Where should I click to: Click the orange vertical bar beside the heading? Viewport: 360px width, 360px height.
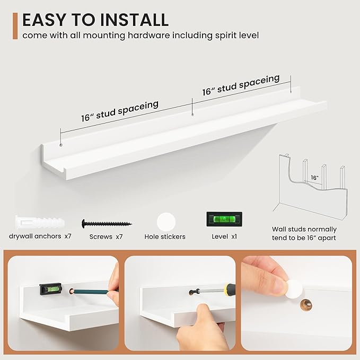(x=15, y=26)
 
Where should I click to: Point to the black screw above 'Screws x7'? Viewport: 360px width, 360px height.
(x=107, y=223)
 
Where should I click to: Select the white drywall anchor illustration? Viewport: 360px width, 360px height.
(x=40, y=222)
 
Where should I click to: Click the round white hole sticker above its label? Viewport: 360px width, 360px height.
(x=166, y=222)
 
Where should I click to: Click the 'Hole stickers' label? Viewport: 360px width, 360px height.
(x=165, y=236)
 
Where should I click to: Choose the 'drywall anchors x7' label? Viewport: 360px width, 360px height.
(x=40, y=236)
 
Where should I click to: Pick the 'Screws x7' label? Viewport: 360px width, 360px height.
(x=106, y=236)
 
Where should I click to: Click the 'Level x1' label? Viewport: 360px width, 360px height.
(x=224, y=236)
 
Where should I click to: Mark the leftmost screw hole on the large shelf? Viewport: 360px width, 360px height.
(x=61, y=145)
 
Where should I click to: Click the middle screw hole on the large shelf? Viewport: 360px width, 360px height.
(x=192, y=114)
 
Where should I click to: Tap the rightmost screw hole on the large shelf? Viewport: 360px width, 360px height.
(x=291, y=92)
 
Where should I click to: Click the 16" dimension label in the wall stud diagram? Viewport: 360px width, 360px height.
(x=314, y=178)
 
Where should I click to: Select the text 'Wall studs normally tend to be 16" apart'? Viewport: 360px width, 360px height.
(x=304, y=233)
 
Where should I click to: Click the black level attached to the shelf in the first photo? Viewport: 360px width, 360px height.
(x=51, y=289)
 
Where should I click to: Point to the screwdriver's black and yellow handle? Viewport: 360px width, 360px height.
(x=230, y=289)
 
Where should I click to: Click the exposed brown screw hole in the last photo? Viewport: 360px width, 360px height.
(x=306, y=305)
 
